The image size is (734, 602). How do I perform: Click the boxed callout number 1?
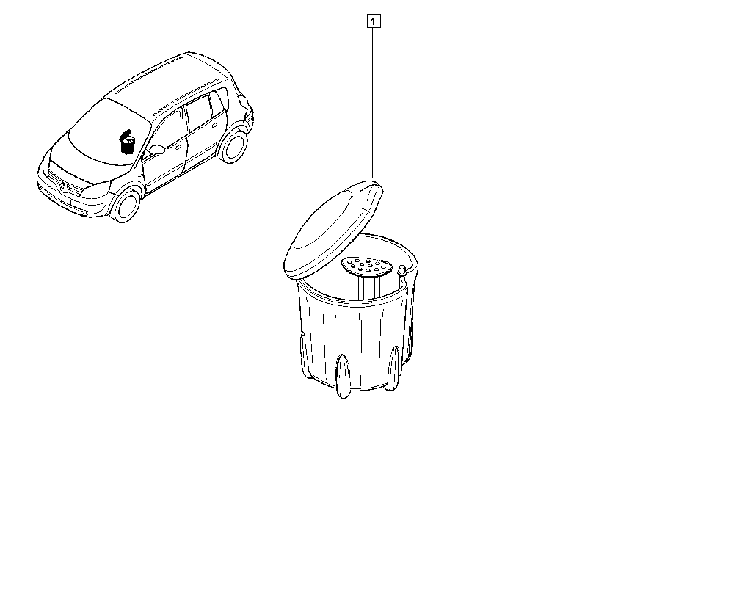pos(373,21)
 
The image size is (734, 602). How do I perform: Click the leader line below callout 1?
pos(373,104)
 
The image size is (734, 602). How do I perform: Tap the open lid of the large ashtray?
pos(333,229)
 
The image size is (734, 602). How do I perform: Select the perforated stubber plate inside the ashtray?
pos(367,266)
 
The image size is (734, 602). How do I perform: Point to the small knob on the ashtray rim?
pos(401,270)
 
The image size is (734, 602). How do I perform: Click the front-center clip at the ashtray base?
pos(343,376)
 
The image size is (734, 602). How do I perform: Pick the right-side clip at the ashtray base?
pos(393,368)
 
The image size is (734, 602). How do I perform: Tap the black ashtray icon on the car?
pos(127,142)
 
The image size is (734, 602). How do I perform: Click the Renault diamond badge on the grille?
pos(62,186)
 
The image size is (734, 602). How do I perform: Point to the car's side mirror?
pos(156,150)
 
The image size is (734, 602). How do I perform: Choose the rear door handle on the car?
pos(215,126)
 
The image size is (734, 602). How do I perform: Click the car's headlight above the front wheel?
pos(97,189)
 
